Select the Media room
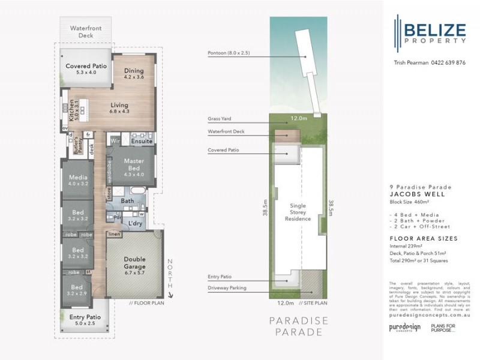point(77,181)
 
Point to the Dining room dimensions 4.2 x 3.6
point(134,76)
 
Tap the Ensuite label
point(142,142)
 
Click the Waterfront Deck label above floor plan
point(82,32)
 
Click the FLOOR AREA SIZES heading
point(423,238)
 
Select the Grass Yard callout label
point(220,119)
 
